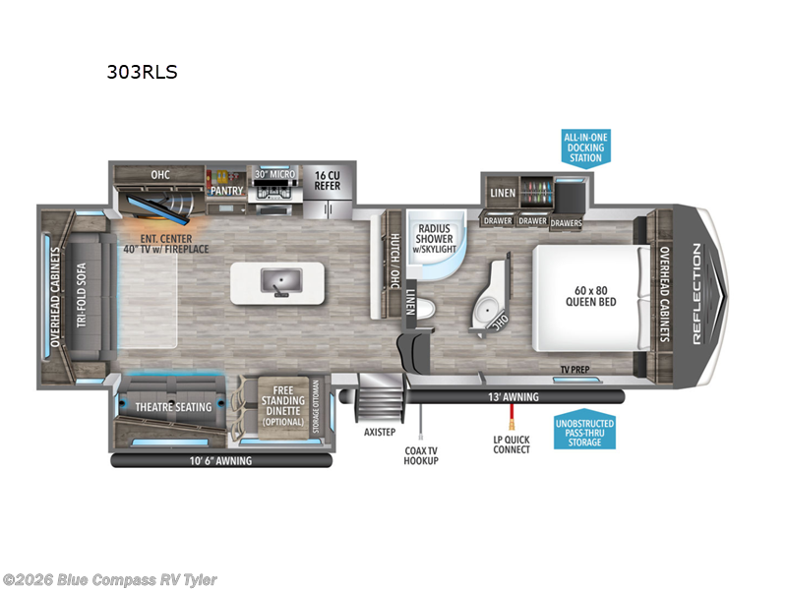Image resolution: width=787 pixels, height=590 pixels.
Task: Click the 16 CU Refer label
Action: (327, 180)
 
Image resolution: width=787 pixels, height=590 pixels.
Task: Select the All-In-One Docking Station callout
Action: (584, 147)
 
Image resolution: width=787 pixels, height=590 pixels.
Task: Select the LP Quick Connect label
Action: (512, 443)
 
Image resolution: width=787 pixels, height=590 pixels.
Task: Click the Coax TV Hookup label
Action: (420, 454)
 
